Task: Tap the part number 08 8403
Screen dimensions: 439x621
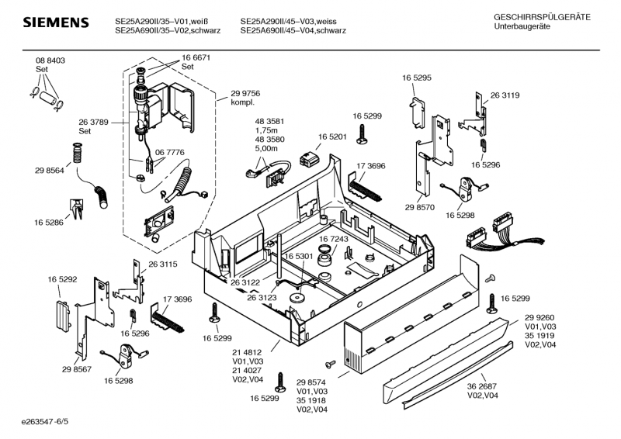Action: pyautogui.click(x=50, y=60)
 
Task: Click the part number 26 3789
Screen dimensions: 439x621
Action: pyautogui.click(x=93, y=122)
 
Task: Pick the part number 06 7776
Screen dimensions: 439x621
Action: pyautogui.click(x=170, y=153)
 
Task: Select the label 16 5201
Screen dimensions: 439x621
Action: pyautogui.click(x=332, y=137)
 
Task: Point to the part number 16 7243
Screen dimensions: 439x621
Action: pyautogui.click(x=334, y=239)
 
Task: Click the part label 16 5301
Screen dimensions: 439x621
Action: pyautogui.click(x=298, y=256)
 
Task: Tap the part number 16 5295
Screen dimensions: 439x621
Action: pyautogui.click(x=417, y=78)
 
